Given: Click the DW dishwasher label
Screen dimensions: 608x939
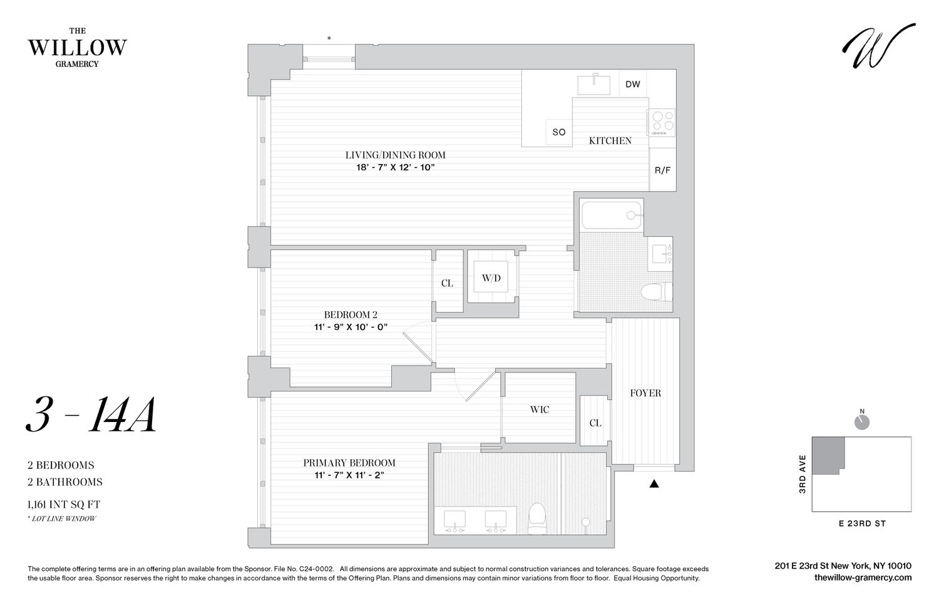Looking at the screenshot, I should pos(633,84).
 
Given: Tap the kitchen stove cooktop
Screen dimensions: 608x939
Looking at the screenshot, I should pos(662,123).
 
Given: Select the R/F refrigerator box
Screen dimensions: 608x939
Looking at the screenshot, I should pos(662,170).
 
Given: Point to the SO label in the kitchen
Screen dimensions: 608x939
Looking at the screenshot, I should pos(558,132).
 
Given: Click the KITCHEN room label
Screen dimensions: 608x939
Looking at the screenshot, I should pos(610,141).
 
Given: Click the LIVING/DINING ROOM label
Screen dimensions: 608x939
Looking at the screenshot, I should pos(395,155).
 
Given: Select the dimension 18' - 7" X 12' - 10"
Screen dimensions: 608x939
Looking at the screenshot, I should pos(395,167).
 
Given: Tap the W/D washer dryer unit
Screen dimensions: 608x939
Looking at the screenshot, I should pos(491,278).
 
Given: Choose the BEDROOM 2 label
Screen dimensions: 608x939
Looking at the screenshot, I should pos(350,315).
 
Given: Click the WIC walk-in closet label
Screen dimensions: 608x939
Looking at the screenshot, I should pos(539,410).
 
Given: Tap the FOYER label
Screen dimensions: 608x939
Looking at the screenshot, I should pos(645,393).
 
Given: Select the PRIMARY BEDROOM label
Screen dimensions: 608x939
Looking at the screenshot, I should pos(349,463).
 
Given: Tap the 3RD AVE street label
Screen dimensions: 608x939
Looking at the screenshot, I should pos(802,474).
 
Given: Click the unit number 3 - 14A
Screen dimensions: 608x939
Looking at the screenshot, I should pos(91,416).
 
